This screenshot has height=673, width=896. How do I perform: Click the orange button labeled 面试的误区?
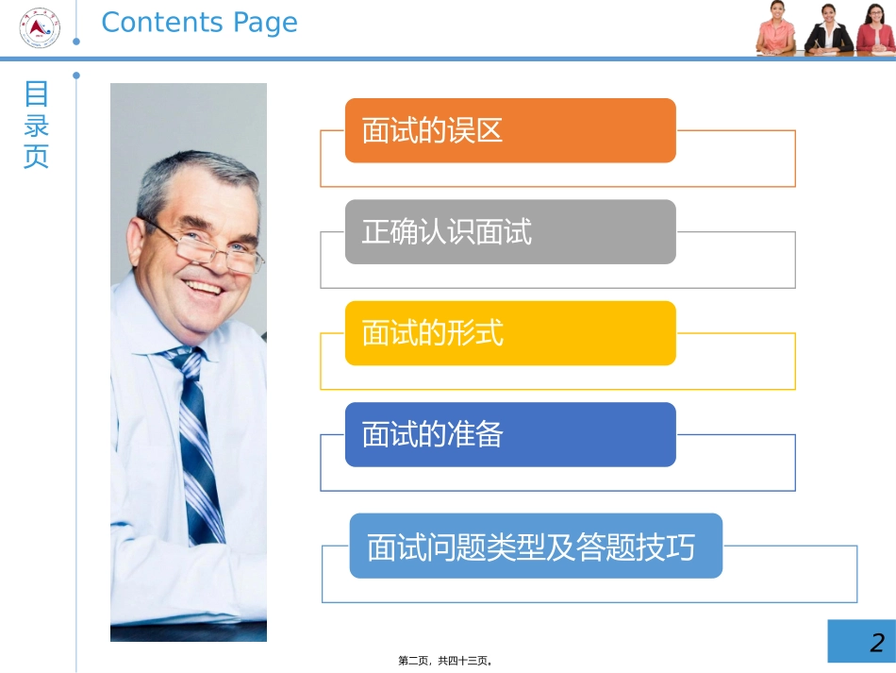510,130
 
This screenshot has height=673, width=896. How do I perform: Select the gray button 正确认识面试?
510,232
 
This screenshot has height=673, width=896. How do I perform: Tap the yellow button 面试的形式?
510,333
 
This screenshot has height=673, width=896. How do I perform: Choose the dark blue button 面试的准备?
510,434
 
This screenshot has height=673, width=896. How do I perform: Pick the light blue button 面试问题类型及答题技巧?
536,546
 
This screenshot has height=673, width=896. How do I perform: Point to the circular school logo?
40,27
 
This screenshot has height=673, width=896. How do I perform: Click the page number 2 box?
860,642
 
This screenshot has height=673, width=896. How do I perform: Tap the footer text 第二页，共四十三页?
446,662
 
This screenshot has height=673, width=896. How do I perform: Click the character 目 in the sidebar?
36,94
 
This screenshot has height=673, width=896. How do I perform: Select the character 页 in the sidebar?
36,157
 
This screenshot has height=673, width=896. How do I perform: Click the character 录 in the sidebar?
36,126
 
